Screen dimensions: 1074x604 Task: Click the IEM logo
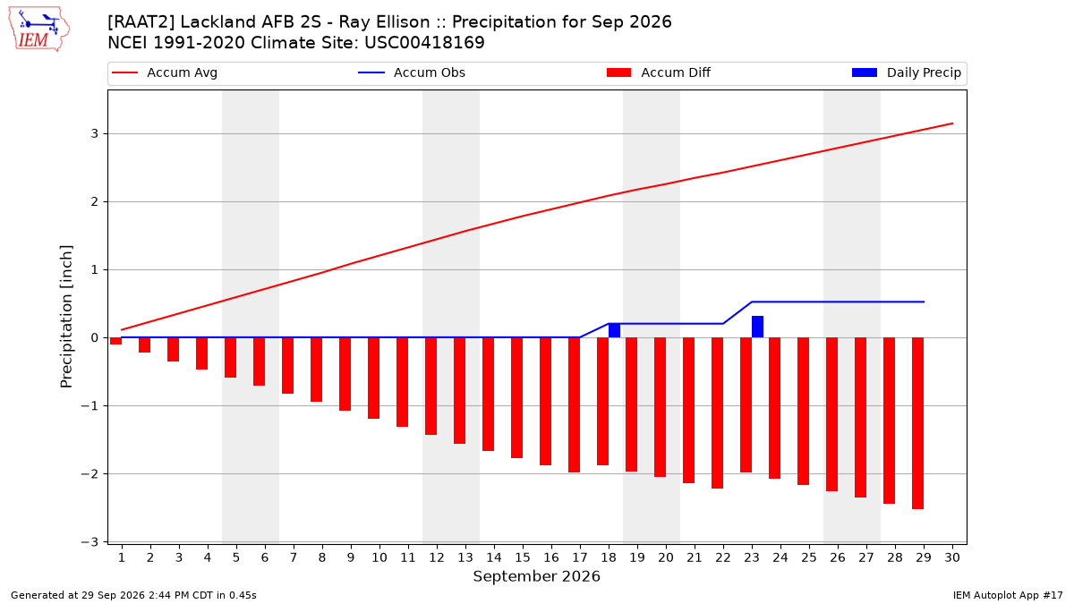click(39, 29)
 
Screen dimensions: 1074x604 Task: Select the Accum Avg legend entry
click(165, 72)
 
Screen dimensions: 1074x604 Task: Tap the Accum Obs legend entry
click(412, 72)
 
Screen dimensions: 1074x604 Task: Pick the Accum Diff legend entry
click(659, 72)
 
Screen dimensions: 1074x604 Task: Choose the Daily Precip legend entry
click(907, 72)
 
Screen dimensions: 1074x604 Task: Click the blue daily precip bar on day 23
click(757, 327)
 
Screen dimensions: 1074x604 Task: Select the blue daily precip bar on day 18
click(614, 330)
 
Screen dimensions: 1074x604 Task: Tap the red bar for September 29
click(917, 423)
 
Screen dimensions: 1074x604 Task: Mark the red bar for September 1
click(115, 341)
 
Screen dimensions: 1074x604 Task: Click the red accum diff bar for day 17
click(574, 405)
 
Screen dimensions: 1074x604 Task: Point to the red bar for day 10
click(373, 379)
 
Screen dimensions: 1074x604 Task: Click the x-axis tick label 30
click(952, 557)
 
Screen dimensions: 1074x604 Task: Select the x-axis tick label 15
click(523, 557)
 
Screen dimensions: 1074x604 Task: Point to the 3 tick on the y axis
click(95, 133)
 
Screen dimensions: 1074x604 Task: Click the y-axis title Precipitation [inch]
click(66, 317)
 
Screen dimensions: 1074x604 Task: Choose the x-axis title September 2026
click(536, 576)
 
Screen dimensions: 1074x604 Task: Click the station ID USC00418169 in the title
click(424, 43)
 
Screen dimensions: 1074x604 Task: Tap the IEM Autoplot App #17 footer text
click(1008, 595)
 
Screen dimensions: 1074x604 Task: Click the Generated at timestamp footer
click(133, 595)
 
